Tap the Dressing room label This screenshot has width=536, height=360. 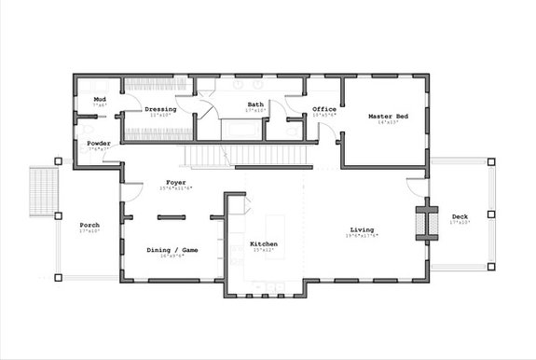[x=160, y=110]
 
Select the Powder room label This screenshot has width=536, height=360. [x=100, y=144]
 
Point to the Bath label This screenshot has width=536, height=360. [x=255, y=104]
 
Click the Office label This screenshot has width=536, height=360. [x=323, y=110]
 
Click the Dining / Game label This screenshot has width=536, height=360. [x=172, y=250]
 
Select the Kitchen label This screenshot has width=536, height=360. [x=263, y=244]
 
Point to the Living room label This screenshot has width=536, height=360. [x=363, y=229]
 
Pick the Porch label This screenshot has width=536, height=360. [x=89, y=226]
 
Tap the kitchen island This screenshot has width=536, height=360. [x=276, y=228]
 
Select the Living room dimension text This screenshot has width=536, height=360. [x=363, y=236]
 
